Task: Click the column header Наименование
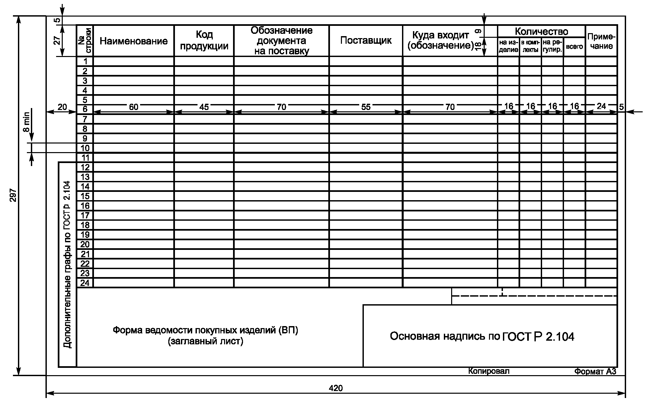133,41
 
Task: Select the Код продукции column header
204,40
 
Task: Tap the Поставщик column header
366,40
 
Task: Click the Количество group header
541,31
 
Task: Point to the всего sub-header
574,47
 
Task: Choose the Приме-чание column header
601,41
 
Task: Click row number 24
85,283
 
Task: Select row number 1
85,61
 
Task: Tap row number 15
85,196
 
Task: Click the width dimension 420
336,388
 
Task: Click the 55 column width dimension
366,107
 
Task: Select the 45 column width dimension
204,107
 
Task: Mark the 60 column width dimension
133,107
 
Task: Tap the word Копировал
489,371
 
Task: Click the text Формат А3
595,372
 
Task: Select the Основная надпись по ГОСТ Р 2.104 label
482,336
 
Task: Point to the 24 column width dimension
601,106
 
